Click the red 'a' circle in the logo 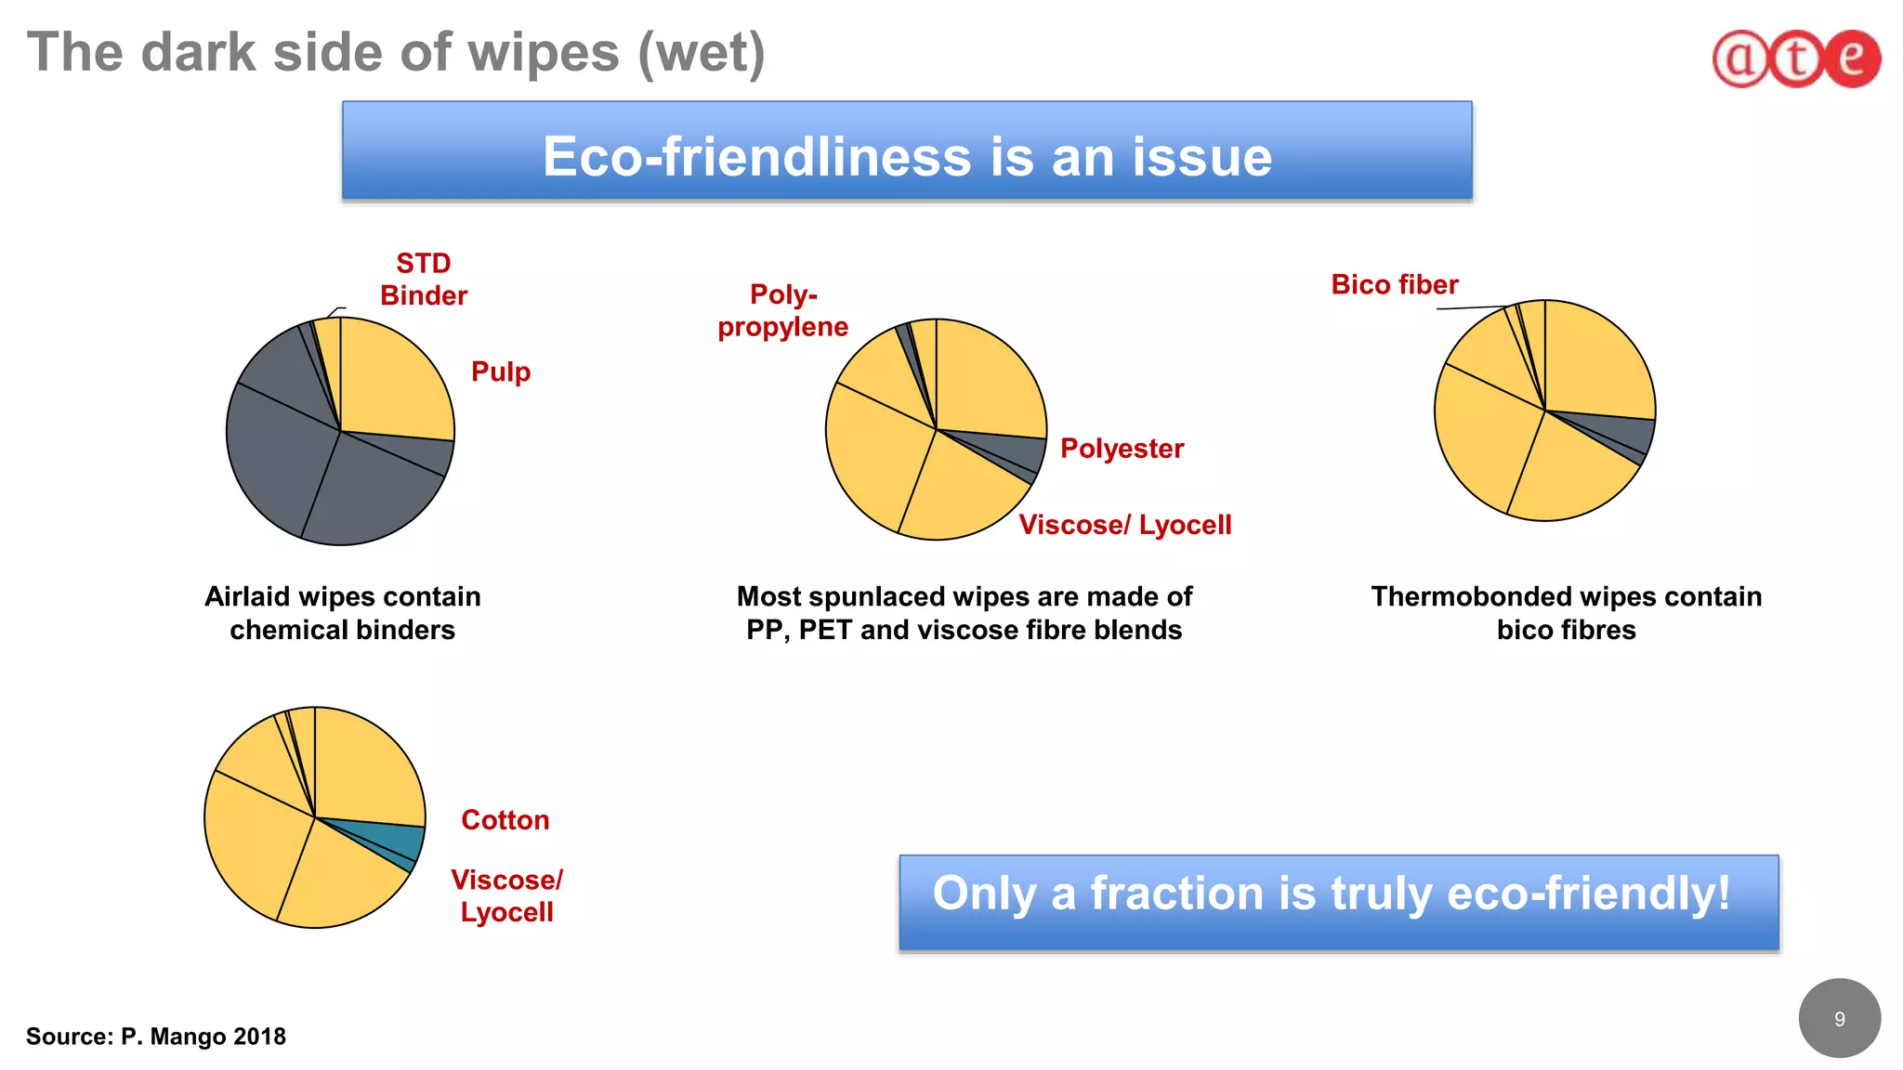point(1740,59)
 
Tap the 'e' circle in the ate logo point(1852,59)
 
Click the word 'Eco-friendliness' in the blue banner point(756,156)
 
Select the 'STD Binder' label point(424,280)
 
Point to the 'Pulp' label point(501,372)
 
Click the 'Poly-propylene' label point(783,310)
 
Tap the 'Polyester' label point(1122,449)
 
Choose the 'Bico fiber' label point(1394,284)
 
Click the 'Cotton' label point(505,820)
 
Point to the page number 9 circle point(1839,1019)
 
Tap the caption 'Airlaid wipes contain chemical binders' point(343,613)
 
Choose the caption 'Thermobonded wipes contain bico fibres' point(1566,613)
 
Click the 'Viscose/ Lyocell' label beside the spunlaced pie point(1124,525)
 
